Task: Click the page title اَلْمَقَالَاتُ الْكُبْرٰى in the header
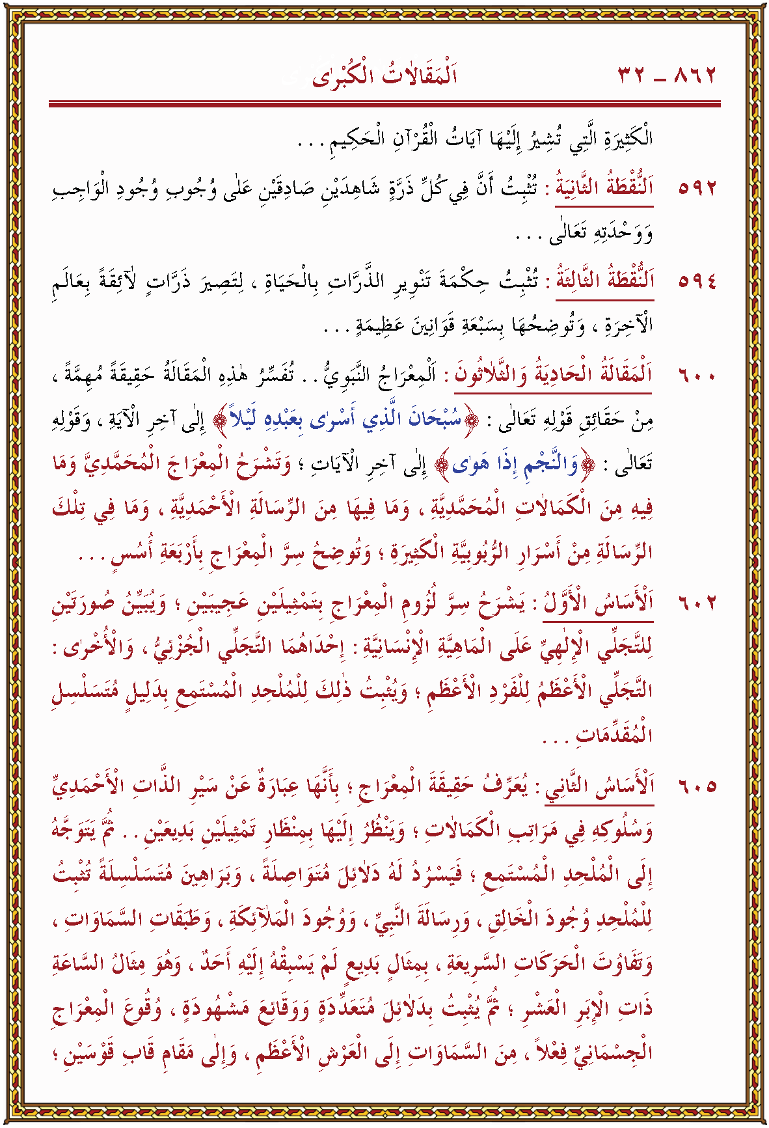tap(384, 76)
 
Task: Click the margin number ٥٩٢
tap(697, 189)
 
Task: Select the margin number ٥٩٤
tap(697, 281)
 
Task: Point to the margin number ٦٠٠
tap(697, 376)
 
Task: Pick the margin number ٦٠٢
tap(697, 603)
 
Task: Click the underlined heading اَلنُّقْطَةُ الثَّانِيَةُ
tap(604, 188)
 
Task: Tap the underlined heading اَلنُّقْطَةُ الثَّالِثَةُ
tap(604, 281)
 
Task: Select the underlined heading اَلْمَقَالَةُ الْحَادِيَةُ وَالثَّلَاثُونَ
tap(553, 376)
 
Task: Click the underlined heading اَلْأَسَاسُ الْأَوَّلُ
tap(599, 603)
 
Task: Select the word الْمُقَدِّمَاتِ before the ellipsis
tap(614, 735)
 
